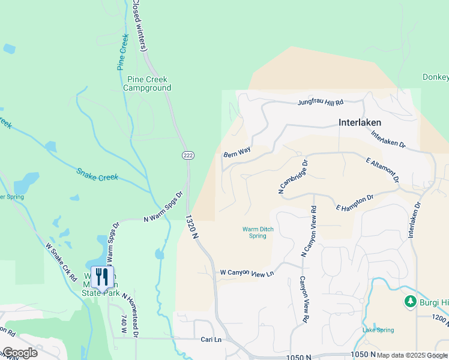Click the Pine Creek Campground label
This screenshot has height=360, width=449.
click(147, 83)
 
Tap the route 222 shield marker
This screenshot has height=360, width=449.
click(188, 155)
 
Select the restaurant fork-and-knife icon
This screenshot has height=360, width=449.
click(101, 277)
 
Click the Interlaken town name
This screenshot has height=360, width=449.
click(360, 122)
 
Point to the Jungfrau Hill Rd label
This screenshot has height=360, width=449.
click(321, 103)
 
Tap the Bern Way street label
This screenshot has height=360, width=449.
click(237, 154)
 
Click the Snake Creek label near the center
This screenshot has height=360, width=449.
click(97, 175)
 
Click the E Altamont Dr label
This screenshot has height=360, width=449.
click(382, 169)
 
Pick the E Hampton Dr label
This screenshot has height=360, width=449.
click(355, 202)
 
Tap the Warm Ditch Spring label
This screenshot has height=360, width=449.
click(254, 232)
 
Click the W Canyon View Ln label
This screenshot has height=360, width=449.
click(247, 273)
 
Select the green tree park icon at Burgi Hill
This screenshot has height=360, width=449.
click(411, 301)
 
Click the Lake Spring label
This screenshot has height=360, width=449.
click(378, 330)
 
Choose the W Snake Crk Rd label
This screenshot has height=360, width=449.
click(61, 262)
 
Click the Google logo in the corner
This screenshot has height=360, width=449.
click(19, 353)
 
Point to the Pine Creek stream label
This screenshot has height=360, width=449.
click(123, 53)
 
